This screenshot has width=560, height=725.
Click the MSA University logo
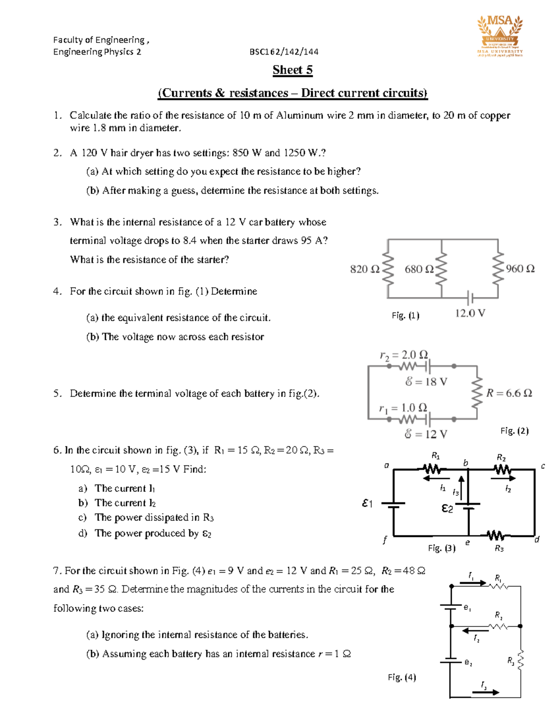(x=500, y=35)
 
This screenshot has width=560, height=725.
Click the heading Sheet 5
(x=293, y=70)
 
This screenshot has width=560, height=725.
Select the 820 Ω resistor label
(x=364, y=269)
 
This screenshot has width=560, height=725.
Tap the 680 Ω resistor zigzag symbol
(x=441, y=269)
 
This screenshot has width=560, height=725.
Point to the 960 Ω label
(x=520, y=269)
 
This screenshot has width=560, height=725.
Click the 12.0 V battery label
(x=470, y=313)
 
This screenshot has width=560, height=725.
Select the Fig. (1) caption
(x=406, y=316)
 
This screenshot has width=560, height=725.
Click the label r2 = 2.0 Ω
(x=404, y=355)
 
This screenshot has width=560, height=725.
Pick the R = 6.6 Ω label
(x=509, y=393)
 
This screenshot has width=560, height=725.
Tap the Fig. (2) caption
(x=514, y=430)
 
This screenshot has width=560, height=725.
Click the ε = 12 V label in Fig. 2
(x=426, y=434)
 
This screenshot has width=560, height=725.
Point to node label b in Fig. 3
(x=465, y=463)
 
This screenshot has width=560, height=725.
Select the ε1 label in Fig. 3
(x=367, y=503)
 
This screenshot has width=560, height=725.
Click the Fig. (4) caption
(x=402, y=677)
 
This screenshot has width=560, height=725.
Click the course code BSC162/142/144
(x=284, y=52)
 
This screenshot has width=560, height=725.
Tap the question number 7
(x=57, y=570)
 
